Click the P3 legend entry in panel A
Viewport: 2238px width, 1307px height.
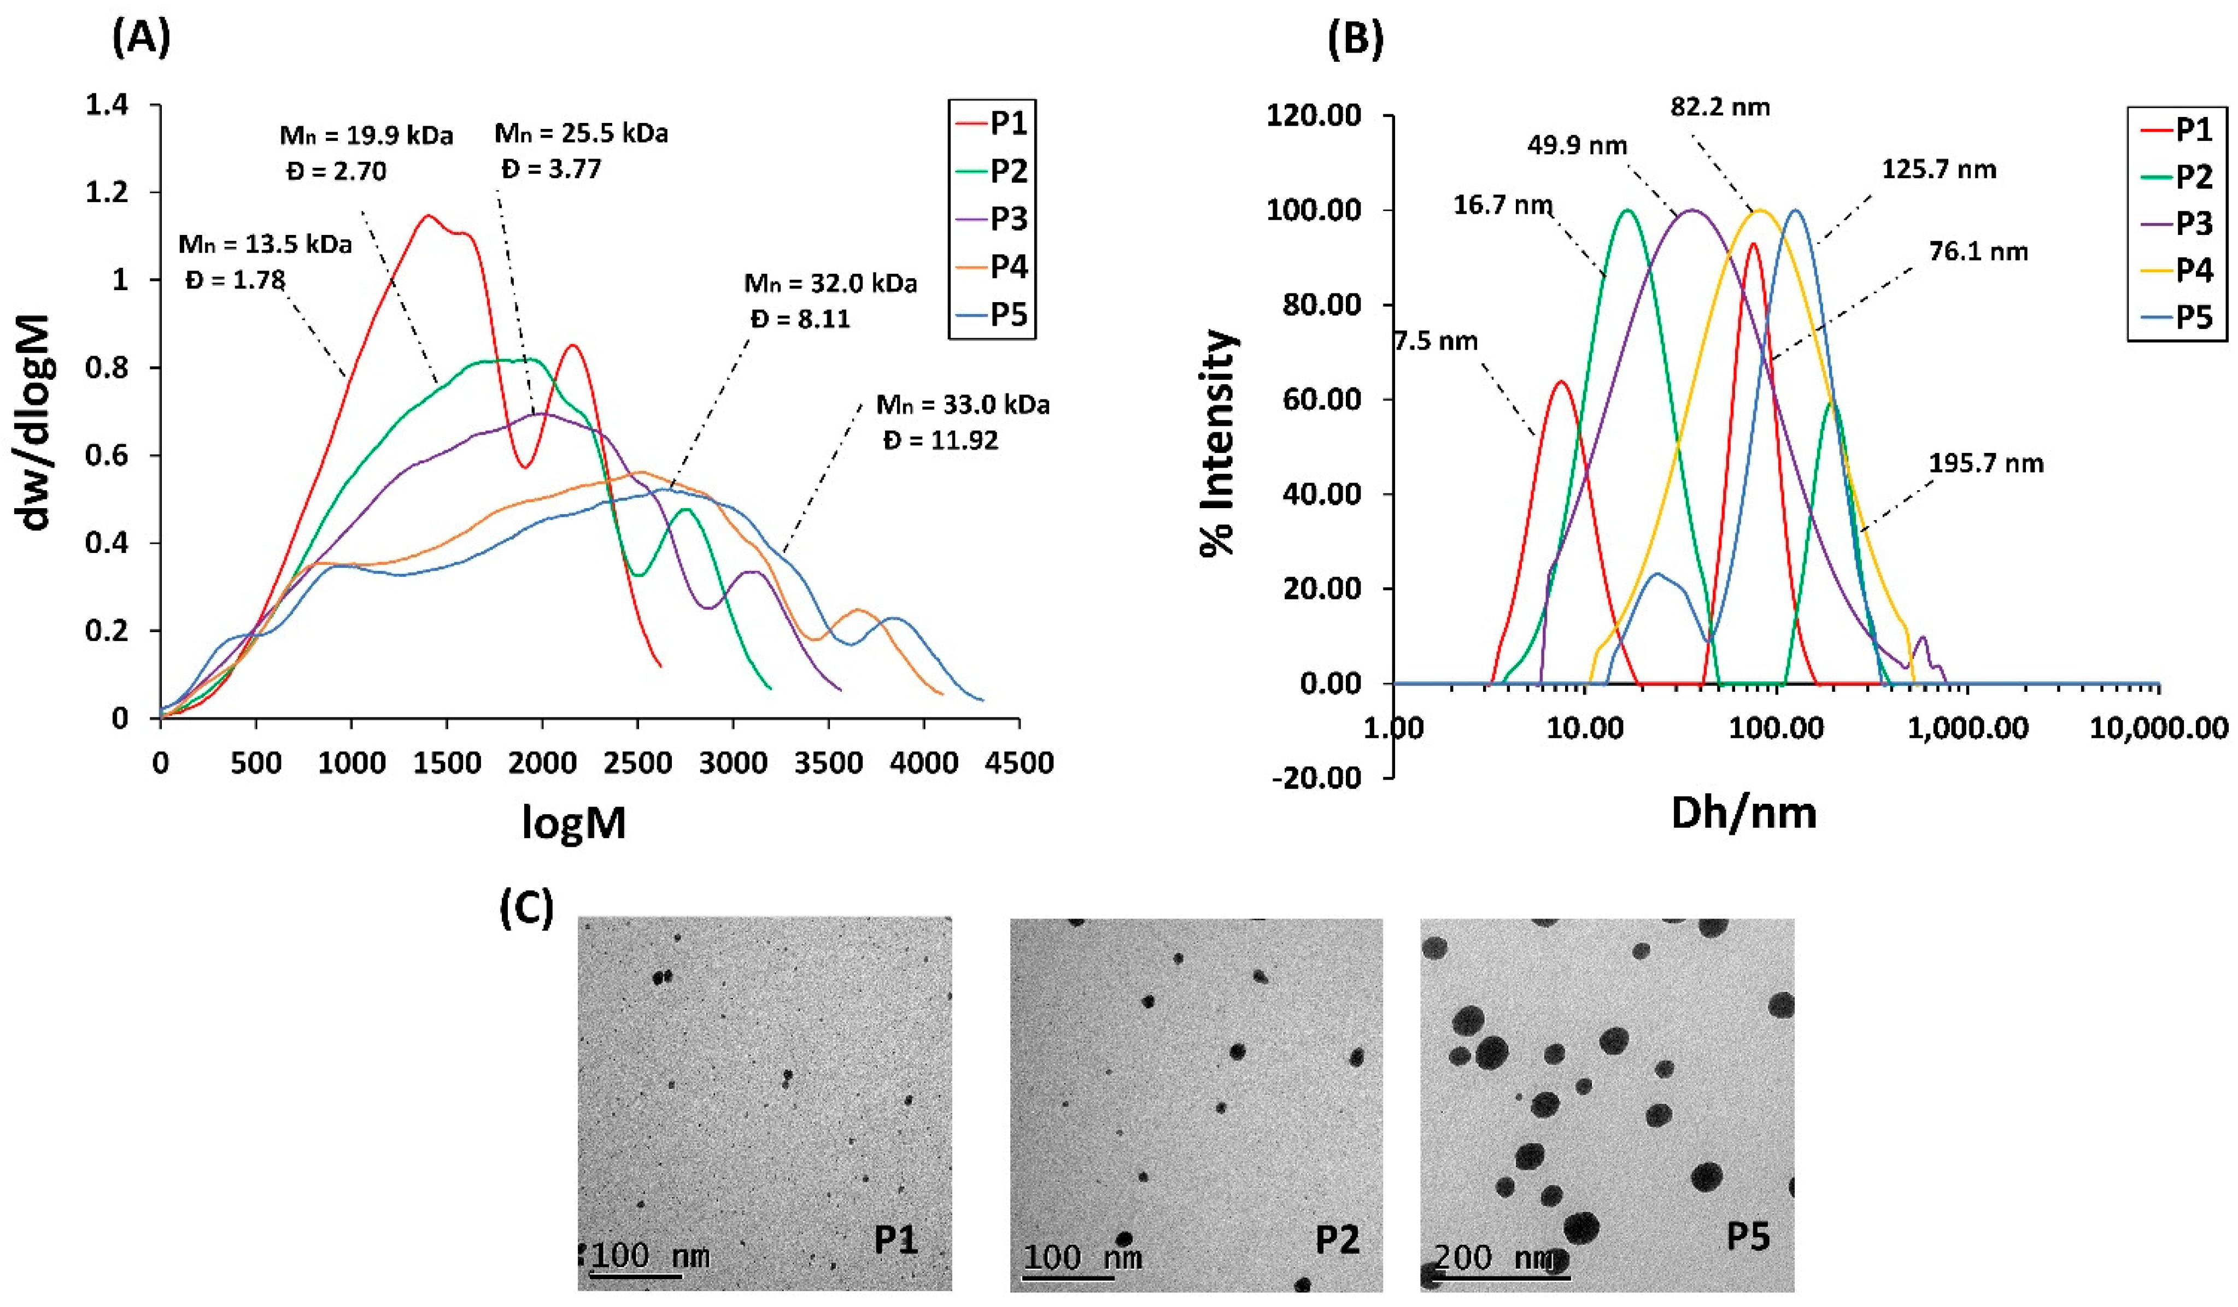pos(1008,219)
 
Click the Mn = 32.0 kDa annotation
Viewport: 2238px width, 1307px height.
pos(829,284)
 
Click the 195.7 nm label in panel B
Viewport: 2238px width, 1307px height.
pos(1986,463)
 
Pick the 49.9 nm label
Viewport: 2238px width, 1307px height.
pos(1577,145)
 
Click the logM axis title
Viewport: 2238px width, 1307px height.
pos(573,822)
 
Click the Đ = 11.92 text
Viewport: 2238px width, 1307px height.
pos(940,440)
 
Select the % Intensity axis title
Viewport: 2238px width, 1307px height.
pos(1217,442)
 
